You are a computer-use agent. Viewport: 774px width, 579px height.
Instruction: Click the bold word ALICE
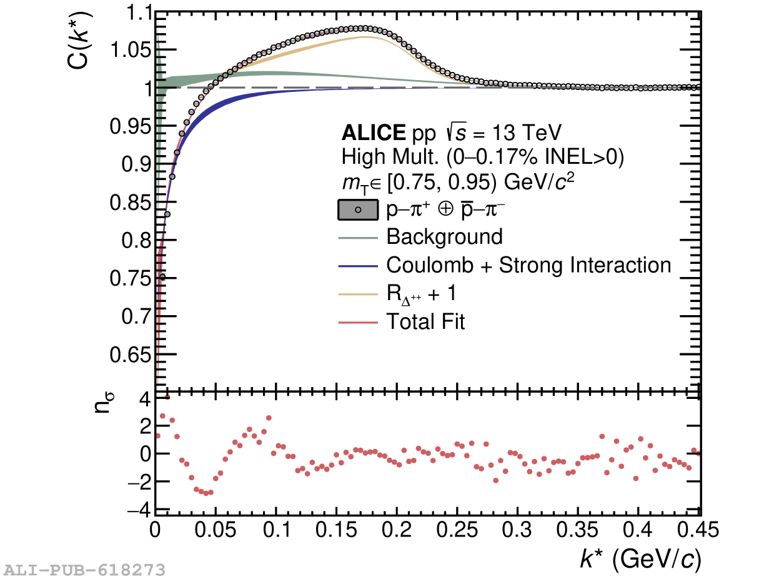click(x=374, y=133)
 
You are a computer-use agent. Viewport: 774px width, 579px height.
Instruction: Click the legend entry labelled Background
click(x=444, y=237)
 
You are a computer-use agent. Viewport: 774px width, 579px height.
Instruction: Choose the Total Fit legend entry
click(x=425, y=322)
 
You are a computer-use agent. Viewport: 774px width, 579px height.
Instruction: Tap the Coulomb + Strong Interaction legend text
click(x=528, y=265)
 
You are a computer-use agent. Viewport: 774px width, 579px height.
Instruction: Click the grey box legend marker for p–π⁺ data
click(x=358, y=210)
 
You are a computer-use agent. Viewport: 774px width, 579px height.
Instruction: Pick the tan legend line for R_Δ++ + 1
click(x=358, y=294)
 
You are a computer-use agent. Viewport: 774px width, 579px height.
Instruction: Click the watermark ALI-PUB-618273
click(x=85, y=570)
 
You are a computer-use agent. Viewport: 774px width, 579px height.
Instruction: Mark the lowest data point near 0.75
click(x=162, y=276)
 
